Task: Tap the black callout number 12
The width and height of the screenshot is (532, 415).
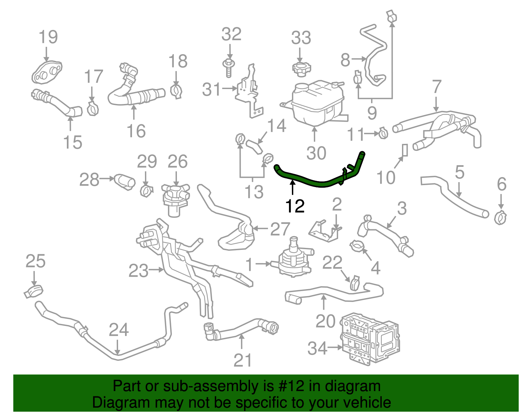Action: click(295, 206)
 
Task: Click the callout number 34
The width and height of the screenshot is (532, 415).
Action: click(318, 348)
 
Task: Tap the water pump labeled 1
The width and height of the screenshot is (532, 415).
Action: click(294, 259)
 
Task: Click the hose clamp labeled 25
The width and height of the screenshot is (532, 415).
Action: click(34, 291)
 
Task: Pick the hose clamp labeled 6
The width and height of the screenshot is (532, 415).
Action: click(500, 218)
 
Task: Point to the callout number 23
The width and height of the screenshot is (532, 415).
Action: click(138, 271)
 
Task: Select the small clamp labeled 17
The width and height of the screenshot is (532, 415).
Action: click(93, 108)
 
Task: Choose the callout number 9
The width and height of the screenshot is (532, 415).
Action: click(372, 113)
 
